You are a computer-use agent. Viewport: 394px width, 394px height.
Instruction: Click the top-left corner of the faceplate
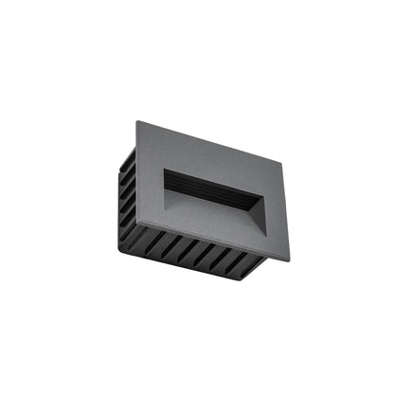pos(137,122)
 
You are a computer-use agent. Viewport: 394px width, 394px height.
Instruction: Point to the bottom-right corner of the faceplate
pos(290,260)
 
